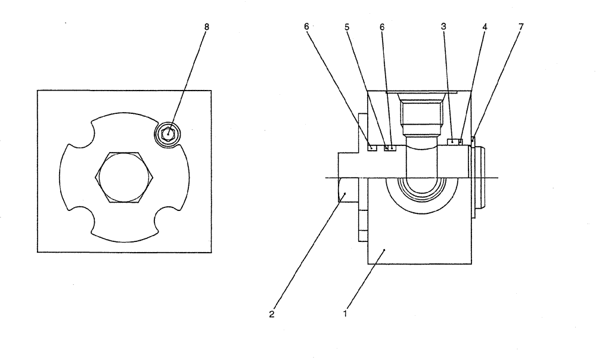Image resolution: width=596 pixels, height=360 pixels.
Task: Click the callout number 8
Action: point(207,27)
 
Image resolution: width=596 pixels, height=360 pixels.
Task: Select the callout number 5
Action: point(346,27)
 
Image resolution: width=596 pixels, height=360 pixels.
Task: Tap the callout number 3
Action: point(443,27)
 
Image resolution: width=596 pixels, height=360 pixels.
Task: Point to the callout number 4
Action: point(483,27)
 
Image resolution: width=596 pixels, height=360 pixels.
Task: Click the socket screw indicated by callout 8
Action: point(169,134)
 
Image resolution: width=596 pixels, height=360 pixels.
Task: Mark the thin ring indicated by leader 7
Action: point(473,141)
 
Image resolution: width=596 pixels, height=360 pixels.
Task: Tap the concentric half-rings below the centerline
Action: point(423,194)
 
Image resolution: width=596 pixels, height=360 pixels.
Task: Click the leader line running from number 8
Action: point(188,80)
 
